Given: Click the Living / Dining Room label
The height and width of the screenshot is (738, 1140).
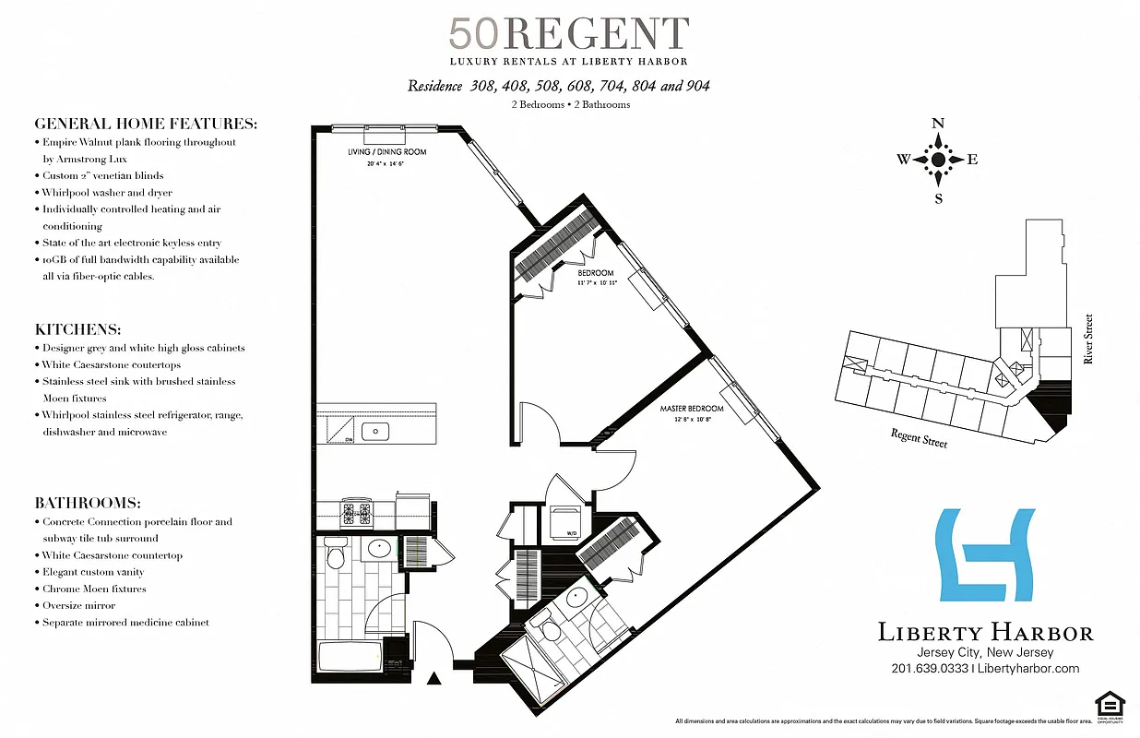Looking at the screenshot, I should [386, 151].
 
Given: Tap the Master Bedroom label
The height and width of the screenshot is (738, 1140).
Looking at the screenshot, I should [691, 408].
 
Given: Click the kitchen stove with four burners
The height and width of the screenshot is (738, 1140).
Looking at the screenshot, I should [357, 512].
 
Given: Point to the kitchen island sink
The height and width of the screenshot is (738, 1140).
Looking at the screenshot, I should [376, 431].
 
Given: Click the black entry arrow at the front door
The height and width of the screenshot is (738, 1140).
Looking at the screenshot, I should [434, 680].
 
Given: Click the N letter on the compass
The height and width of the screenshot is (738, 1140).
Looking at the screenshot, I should [938, 124].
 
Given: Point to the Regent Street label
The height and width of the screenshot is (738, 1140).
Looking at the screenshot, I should [919, 437].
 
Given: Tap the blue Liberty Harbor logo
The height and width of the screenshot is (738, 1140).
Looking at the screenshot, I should [984, 554].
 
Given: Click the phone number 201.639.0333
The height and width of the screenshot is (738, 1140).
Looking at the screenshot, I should [930, 669].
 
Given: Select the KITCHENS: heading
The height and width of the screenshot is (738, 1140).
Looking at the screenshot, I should [78, 329].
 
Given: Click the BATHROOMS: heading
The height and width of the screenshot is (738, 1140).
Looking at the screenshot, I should [88, 504].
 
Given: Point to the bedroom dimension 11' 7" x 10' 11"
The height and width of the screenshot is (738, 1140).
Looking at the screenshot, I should [596, 282].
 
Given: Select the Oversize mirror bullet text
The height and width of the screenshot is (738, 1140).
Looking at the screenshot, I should [78, 605].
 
